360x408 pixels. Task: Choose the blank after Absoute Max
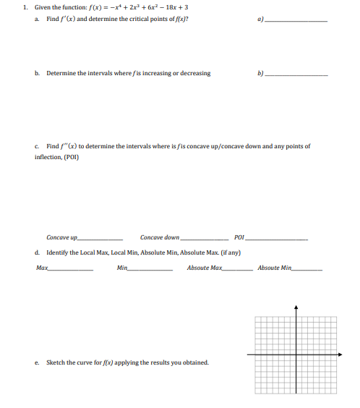coord(237,269)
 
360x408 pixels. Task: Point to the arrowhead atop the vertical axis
coord(296,305)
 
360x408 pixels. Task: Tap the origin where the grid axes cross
coord(296,354)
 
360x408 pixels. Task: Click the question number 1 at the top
coord(24,7)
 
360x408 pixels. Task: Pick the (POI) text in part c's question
coord(73,156)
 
